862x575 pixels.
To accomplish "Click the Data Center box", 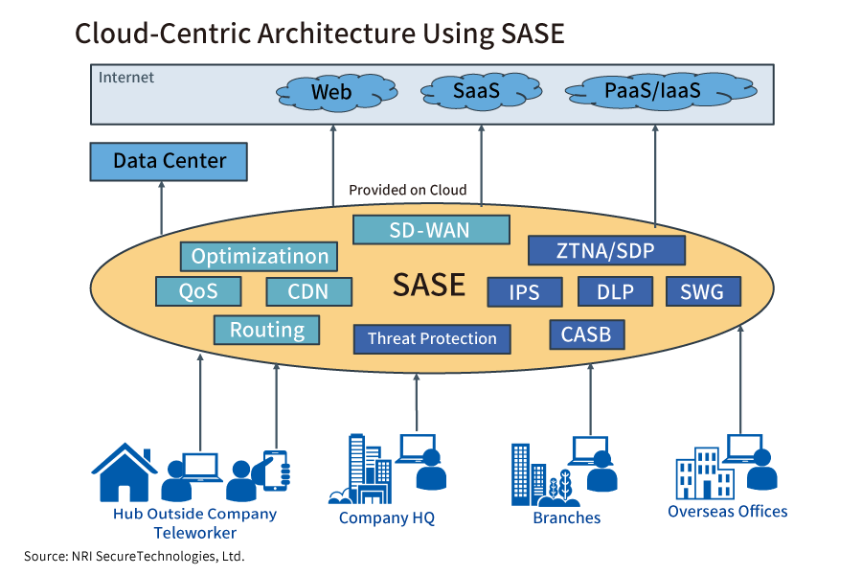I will tap(169, 161).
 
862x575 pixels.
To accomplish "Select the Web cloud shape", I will tap(331, 93).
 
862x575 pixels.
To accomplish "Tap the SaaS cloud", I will tap(477, 92).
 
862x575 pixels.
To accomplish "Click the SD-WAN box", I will tap(431, 230).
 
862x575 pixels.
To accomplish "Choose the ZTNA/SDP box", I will tap(607, 251).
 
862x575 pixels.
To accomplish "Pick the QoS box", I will tap(198, 291).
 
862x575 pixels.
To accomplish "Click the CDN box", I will tap(308, 291).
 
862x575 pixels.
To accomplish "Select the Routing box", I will tap(266, 330).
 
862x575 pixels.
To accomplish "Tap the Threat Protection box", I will tap(432, 338).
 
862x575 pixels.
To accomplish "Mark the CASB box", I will tap(587, 334).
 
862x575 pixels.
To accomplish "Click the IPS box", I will tap(525, 291).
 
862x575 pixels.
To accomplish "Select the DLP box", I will tap(615, 291).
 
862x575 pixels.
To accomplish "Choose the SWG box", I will tap(702, 291).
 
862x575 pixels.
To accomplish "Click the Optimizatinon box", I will tap(260, 256).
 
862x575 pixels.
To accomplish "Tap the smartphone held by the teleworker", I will tap(276, 470).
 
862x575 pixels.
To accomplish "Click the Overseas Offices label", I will tap(727, 511).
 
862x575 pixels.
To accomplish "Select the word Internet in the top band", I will tap(126, 77).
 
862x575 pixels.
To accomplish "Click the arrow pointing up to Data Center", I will tap(161, 207).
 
